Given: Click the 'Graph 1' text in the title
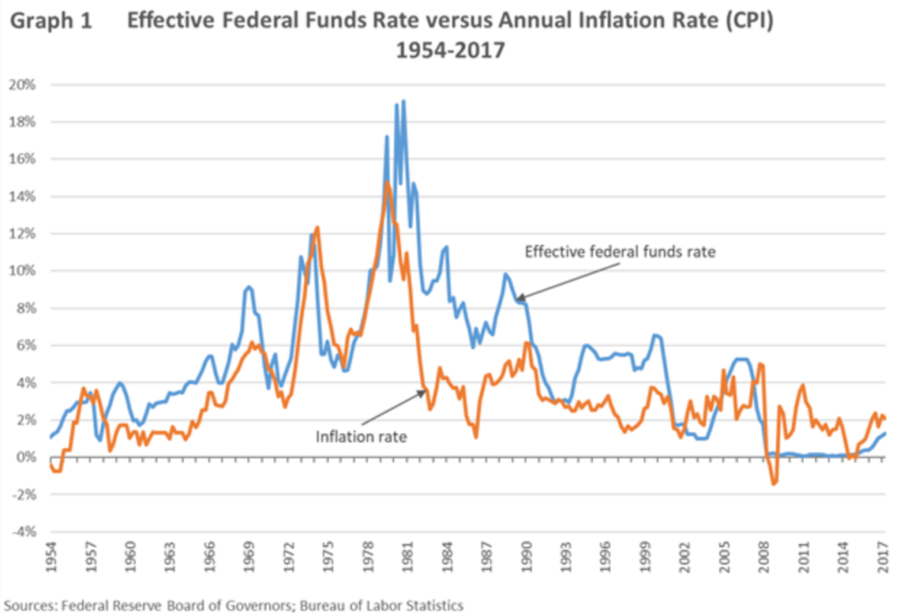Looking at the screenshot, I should [53, 22].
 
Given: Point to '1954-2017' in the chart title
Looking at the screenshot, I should [450, 51].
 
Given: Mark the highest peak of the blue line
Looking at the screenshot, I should [403, 101].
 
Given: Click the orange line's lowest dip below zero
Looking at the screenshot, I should [774, 484].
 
